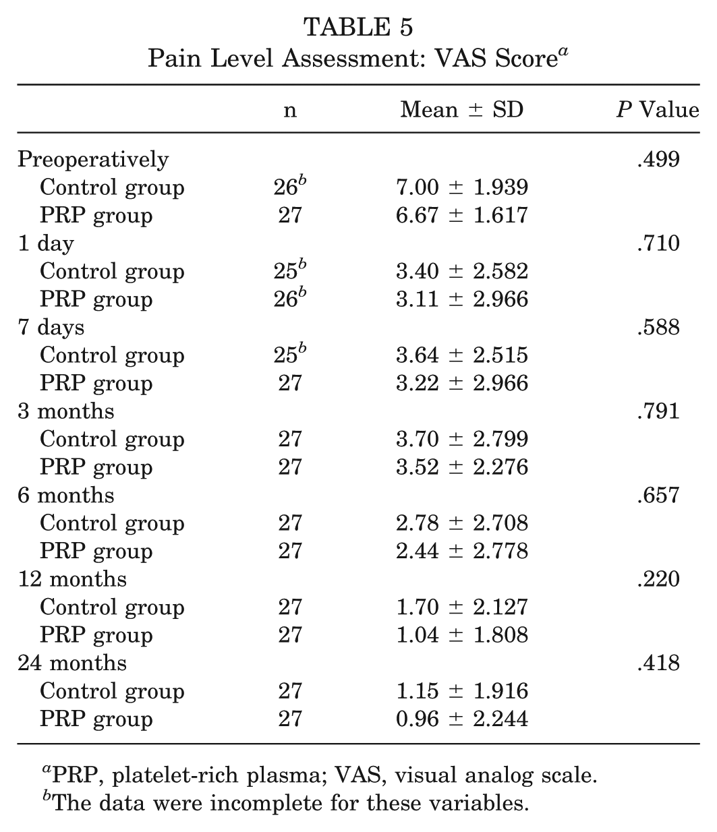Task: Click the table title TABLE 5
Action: [358, 28]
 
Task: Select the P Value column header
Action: [658, 109]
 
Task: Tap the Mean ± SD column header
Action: [462, 109]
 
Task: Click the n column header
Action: [290, 111]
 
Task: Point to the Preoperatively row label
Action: [93, 160]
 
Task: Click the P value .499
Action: [658, 159]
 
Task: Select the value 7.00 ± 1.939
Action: [462, 187]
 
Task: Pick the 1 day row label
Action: [46, 244]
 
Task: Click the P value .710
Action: [658, 243]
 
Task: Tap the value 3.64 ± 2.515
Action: [462, 355]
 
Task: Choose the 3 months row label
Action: [66, 411]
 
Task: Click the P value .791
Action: [658, 411]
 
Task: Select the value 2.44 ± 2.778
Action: [462, 551]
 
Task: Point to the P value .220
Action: [658, 579]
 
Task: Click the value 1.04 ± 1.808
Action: [462, 635]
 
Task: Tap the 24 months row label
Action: [72, 663]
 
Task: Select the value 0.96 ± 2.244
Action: [462, 719]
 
